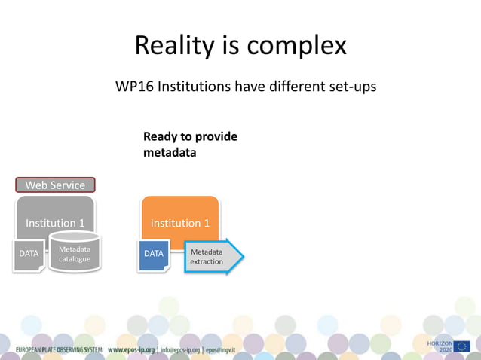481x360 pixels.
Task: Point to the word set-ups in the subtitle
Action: point(350,87)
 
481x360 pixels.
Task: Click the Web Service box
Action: point(56,185)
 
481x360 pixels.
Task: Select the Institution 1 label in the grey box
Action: point(56,223)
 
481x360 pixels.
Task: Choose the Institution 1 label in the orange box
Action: point(180,223)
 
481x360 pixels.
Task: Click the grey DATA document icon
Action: point(29,255)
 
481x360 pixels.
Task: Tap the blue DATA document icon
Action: point(154,255)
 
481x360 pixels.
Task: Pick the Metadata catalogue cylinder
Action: point(75,253)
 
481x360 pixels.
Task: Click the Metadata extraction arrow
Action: point(212,256)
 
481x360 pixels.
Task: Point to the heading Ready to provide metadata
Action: point(190,145)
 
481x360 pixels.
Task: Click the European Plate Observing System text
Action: point(60,350)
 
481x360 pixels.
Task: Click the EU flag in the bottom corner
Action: point(462,346)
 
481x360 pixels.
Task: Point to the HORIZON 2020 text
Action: point(440,346)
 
